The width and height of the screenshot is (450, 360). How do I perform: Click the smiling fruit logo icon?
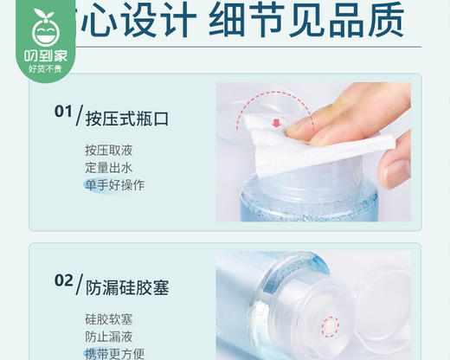42,29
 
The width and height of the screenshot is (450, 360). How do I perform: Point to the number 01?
63,112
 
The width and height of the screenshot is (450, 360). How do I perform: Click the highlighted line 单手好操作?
114,184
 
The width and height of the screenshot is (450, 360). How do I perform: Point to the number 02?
63,280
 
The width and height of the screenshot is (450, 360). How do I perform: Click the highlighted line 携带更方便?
114,353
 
